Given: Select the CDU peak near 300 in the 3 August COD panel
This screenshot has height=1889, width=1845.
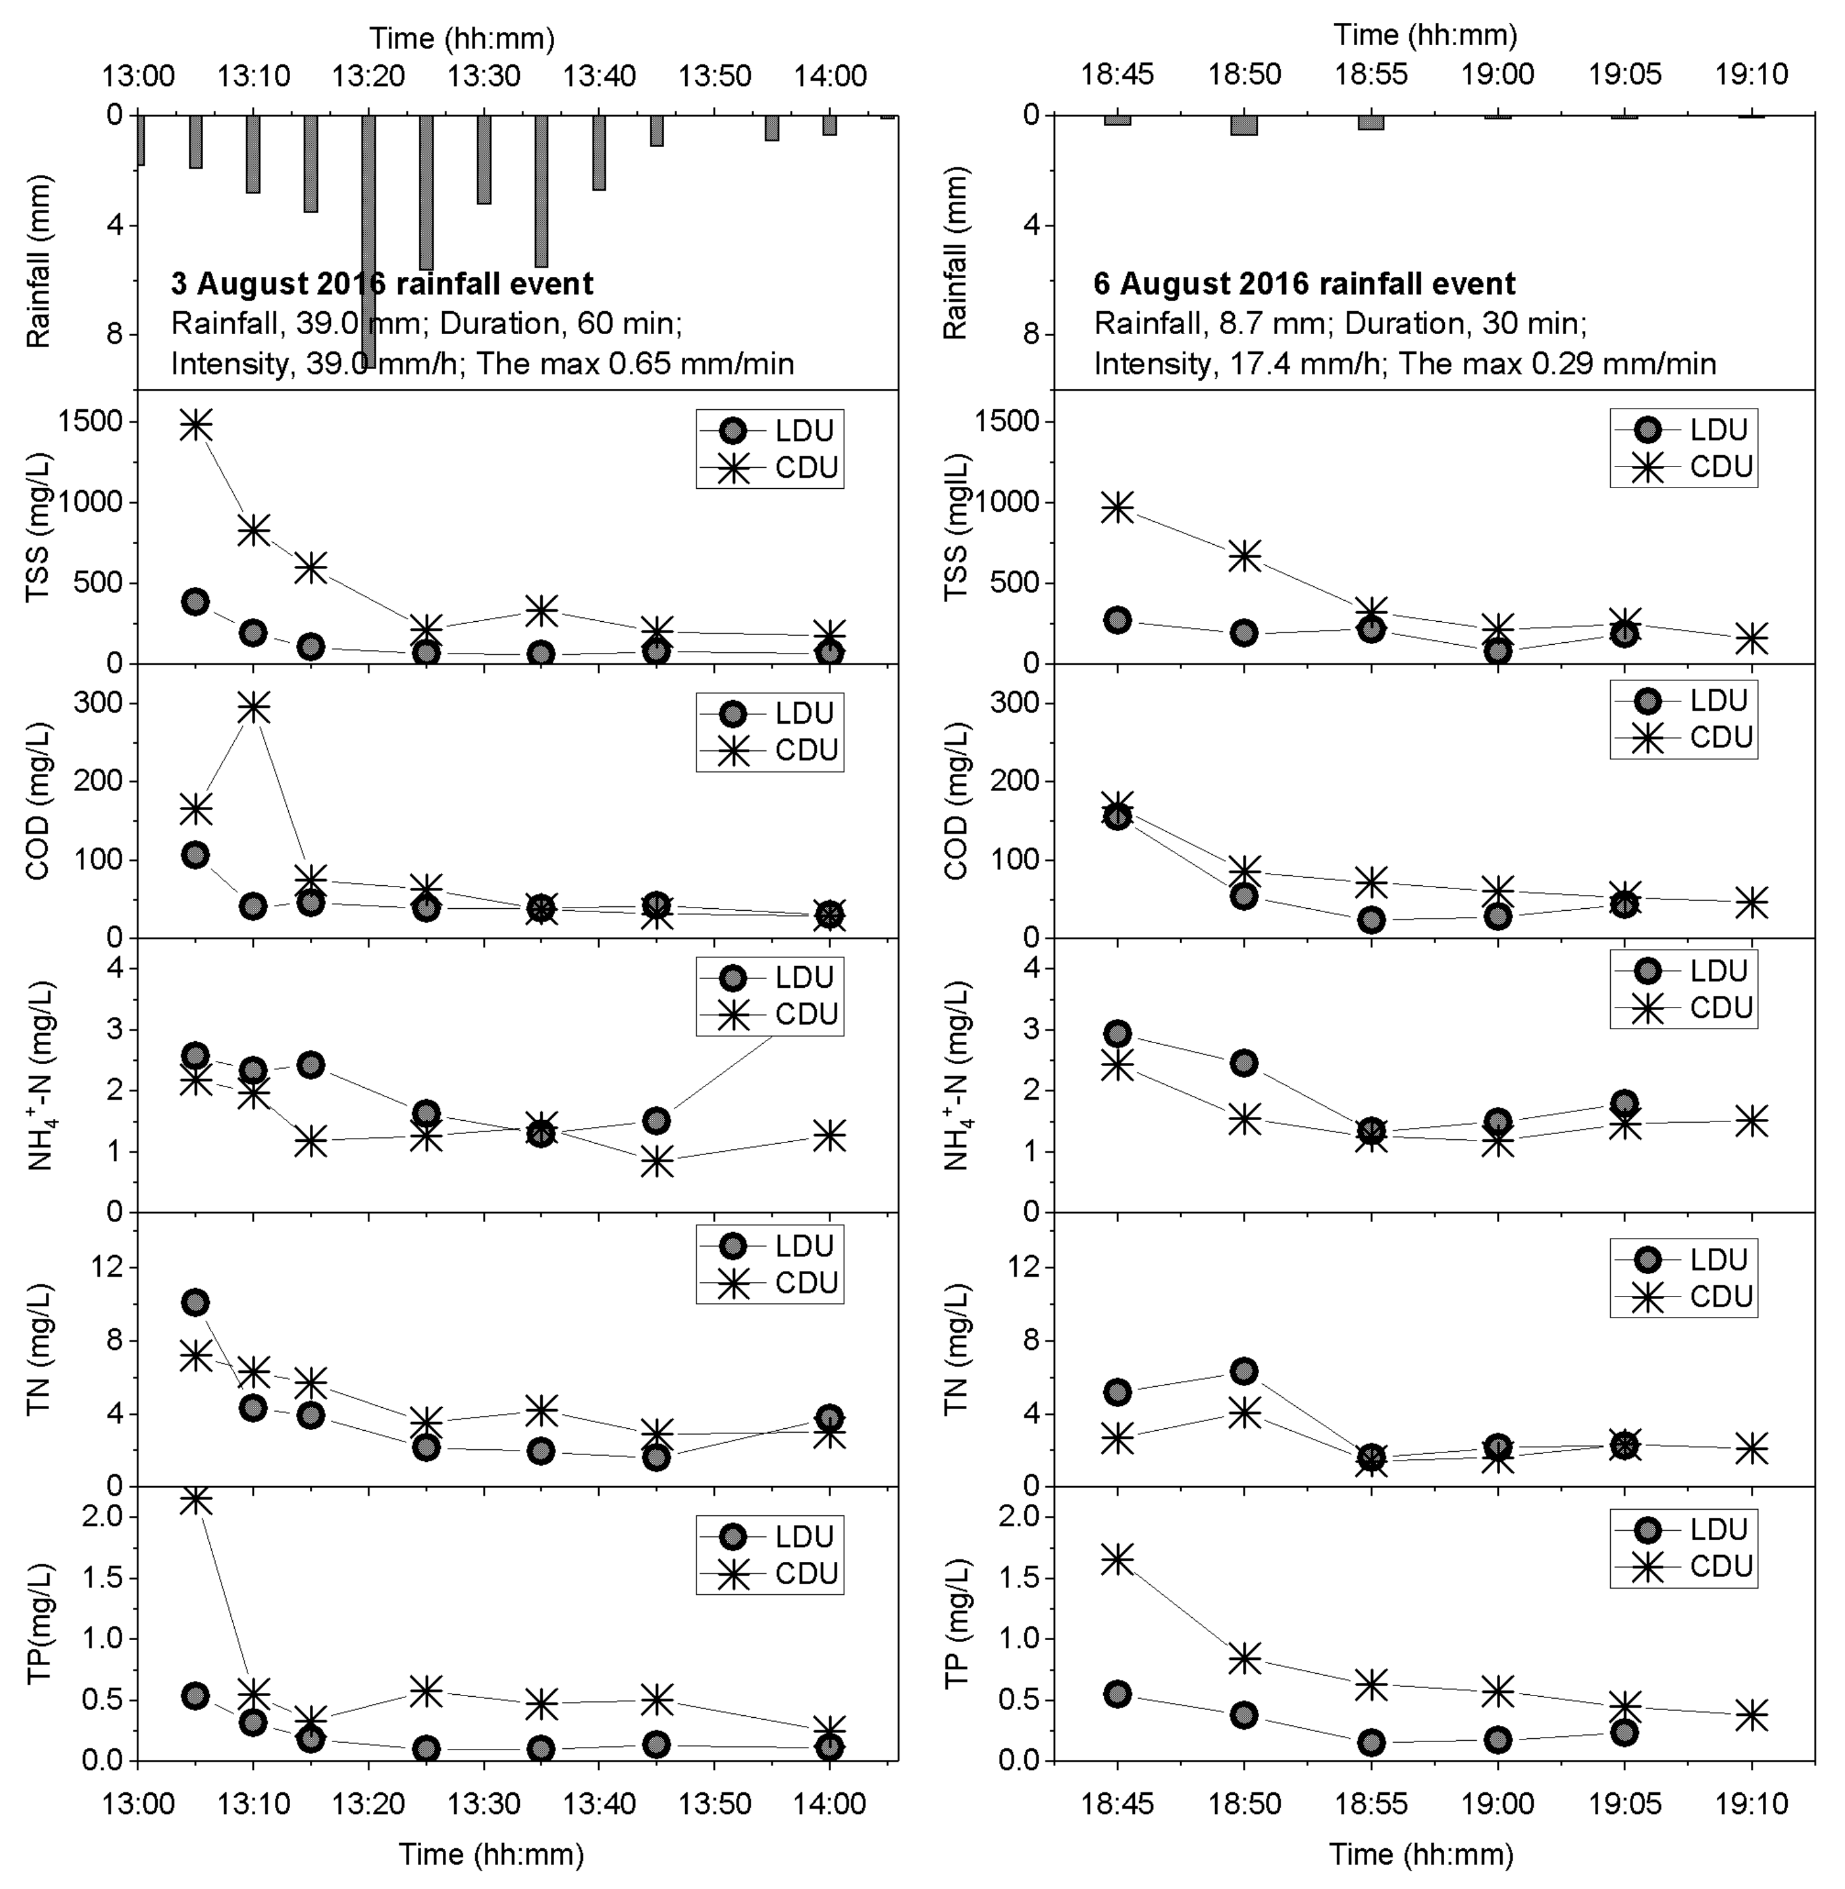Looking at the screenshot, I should coord(253,708).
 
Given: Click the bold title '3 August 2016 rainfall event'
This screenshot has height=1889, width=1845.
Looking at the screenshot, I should coord(382,284).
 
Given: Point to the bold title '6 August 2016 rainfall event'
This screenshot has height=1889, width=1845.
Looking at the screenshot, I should coord(1304,284).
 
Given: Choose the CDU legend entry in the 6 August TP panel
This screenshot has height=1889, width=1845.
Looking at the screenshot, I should coord(1685,1566).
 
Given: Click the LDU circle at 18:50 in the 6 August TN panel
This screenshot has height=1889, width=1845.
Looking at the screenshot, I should coord(1244,1370).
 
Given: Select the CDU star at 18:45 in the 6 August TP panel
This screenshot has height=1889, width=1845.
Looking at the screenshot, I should coord(1117,1559).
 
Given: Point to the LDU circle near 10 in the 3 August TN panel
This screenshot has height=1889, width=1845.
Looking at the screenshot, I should coord(196,1302).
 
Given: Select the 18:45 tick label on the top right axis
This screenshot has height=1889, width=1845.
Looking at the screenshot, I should coord(1117,74).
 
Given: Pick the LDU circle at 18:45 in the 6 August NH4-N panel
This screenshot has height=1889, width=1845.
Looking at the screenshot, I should coord(1117,1033).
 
